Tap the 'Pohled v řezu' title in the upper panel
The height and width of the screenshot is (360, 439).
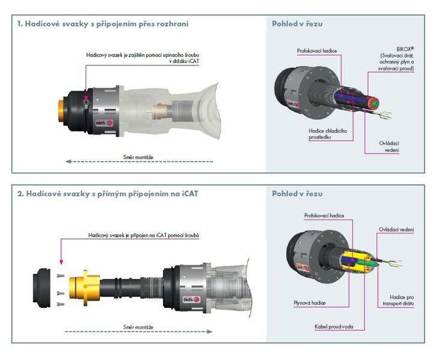pyautogui.click(x=297, y=24)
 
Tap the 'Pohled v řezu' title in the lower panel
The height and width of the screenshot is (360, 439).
pyautogui.click(x=297, y=194)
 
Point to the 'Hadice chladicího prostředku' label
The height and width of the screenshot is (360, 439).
pyautogui.click(x=323, y=134)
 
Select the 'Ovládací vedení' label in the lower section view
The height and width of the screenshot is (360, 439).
pyautogui.click(x=396, y=229)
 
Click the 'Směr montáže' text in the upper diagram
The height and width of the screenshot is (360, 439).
pyautogui.click(x=136, y=157)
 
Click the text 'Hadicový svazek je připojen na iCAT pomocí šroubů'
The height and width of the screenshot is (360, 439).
pyautogui.click(x=143, y=236)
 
